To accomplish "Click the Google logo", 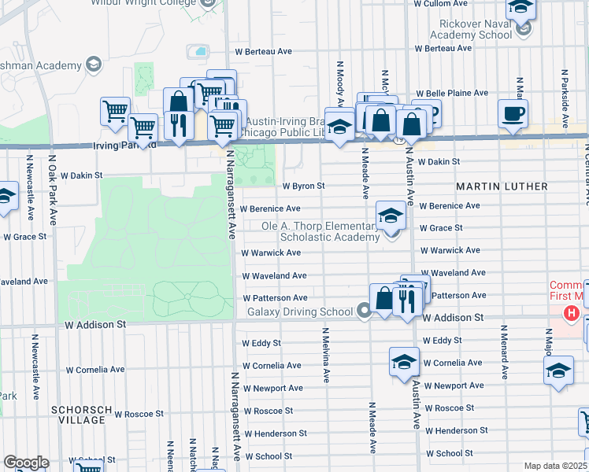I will coord(26,463).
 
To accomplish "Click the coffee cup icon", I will coord(513,113).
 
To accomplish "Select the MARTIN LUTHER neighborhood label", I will coord(502,186).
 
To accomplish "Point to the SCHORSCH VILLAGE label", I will coord(78,415).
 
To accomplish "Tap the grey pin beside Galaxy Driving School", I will coord(364,312).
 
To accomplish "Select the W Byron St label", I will coord(303,186).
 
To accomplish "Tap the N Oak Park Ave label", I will coord(54,190).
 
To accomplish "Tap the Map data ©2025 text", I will coord(554,466).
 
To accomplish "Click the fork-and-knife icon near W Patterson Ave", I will coord(406,300).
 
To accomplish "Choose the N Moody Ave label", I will coord(340,83).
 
